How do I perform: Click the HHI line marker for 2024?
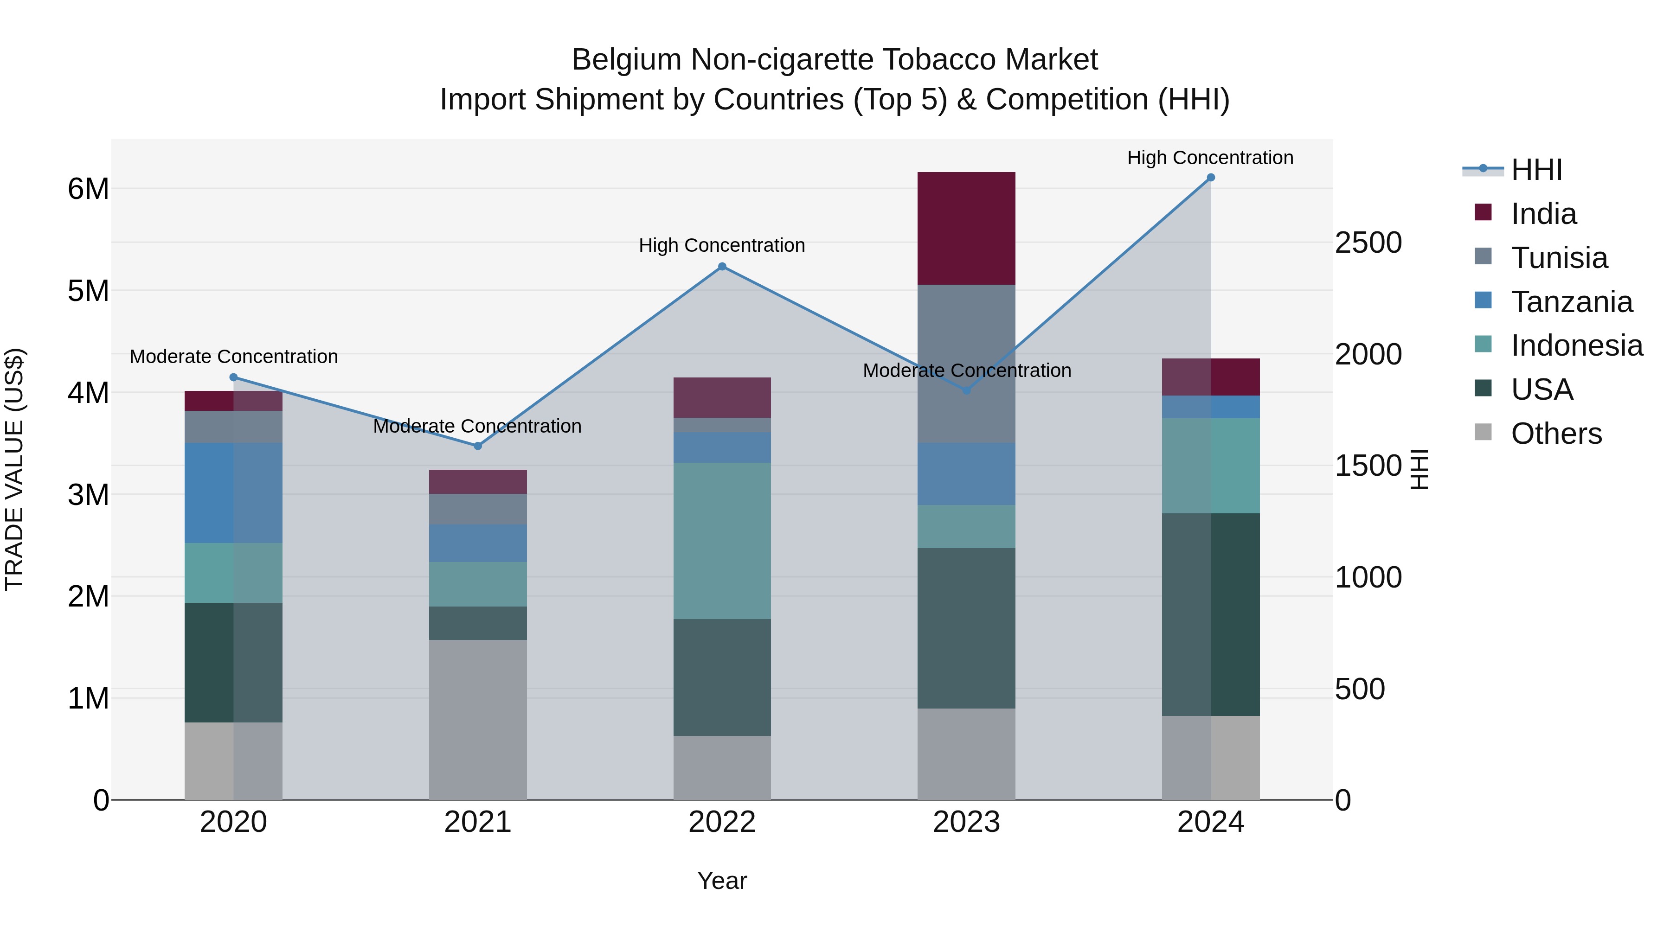point(1210,178)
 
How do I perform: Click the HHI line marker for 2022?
point(722,266)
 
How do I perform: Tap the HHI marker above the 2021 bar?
point(478,446)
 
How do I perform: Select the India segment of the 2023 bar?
point(966,228)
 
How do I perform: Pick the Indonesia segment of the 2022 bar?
point(722,541)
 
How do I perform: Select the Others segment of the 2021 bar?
point(478,719)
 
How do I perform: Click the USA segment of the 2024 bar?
point(1210,614)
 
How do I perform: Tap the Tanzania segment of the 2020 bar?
point(233,492)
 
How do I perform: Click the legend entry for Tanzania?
point(1572,302)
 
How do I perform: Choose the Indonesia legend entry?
point(1577,345)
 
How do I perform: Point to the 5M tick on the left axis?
point(89,291)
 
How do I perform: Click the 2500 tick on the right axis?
point(1368,243)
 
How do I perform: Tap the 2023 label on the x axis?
point(966,822)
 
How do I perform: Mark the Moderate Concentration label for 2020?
point(233,357)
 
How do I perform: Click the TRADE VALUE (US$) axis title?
point(15,469)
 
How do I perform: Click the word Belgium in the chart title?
point(626,60)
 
